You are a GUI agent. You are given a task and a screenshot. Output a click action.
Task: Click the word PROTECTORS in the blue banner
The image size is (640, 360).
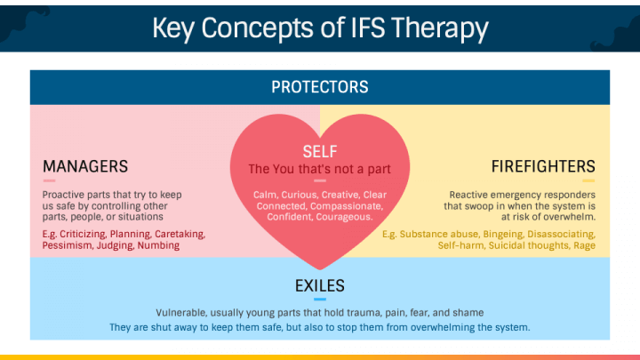coord(320,87)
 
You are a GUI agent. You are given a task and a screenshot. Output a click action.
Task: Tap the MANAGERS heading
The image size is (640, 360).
coord(85,166)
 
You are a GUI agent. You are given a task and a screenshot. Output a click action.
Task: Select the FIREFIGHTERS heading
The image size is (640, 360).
coord(543,166)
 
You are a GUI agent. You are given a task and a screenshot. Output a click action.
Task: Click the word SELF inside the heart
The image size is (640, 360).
coord(320,151)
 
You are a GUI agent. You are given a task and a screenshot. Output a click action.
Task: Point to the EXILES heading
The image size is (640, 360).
coord(320,285)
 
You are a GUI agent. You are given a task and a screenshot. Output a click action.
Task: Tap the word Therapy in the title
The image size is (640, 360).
coord(440,29)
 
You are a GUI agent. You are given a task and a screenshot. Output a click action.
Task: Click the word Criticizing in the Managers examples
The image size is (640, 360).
coord(83,235)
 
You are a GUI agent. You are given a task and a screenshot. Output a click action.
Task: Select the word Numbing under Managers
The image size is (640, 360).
coord(158,245)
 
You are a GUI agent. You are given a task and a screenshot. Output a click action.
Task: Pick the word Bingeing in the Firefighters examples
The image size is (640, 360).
coord(503,235)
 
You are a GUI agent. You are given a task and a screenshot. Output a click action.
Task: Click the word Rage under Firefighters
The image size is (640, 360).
coord(585,245)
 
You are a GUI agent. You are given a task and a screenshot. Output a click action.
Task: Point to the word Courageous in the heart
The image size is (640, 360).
coord(345,217)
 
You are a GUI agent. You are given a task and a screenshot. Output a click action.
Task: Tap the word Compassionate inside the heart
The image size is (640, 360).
coord(347,206)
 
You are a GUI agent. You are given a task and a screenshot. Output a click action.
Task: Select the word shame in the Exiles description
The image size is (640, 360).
coord(470,313)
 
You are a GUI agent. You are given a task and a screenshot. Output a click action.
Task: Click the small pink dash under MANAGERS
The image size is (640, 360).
coord(49,180)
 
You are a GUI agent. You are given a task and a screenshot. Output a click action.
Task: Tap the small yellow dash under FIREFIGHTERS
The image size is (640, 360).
coord(588,180)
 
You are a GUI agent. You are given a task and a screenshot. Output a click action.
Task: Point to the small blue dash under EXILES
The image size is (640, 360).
coord(320,300)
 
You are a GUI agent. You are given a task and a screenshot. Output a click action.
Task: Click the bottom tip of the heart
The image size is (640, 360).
coord(320,269)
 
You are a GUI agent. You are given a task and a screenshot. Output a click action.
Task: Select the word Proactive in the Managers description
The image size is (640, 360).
coord(60,195)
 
